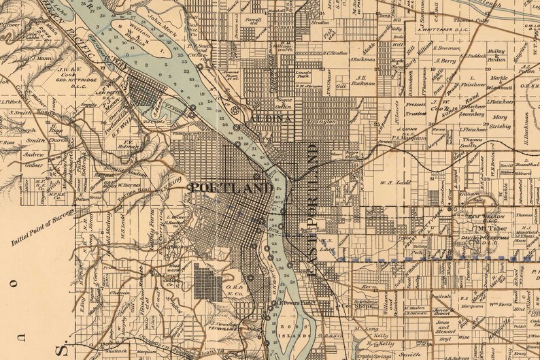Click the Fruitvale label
coord(422,297)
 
